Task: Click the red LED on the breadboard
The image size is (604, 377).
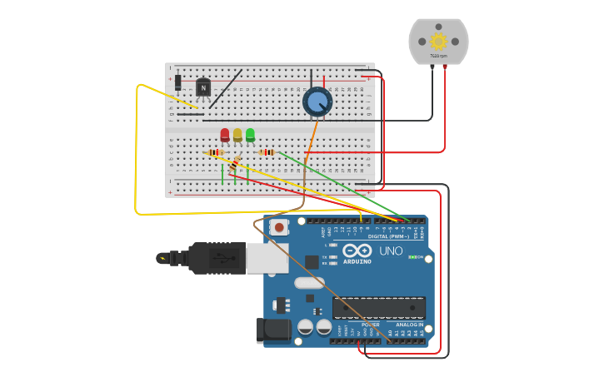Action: click(225, 135)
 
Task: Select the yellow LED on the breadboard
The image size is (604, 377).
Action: click(237, 135)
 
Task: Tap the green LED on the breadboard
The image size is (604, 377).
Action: click(250, 135)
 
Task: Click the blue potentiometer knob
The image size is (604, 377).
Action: click(317, 102)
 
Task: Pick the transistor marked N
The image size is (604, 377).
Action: click(203, 87)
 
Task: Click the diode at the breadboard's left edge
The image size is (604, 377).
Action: click(177, 82)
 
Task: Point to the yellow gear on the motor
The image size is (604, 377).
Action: click(438, 41)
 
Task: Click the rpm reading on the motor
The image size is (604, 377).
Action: click(438, 57)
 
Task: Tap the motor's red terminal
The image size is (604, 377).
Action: click(445, 66)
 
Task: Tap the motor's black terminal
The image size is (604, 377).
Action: click(432, 66)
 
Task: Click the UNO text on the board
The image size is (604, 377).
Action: click(391, 251)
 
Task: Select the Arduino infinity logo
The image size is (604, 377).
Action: click(357, 251)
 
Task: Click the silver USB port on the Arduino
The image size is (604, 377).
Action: click(267, 257)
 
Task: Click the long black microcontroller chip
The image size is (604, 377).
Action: click(378, 307)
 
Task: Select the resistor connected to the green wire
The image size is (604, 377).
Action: click(267, 152)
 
